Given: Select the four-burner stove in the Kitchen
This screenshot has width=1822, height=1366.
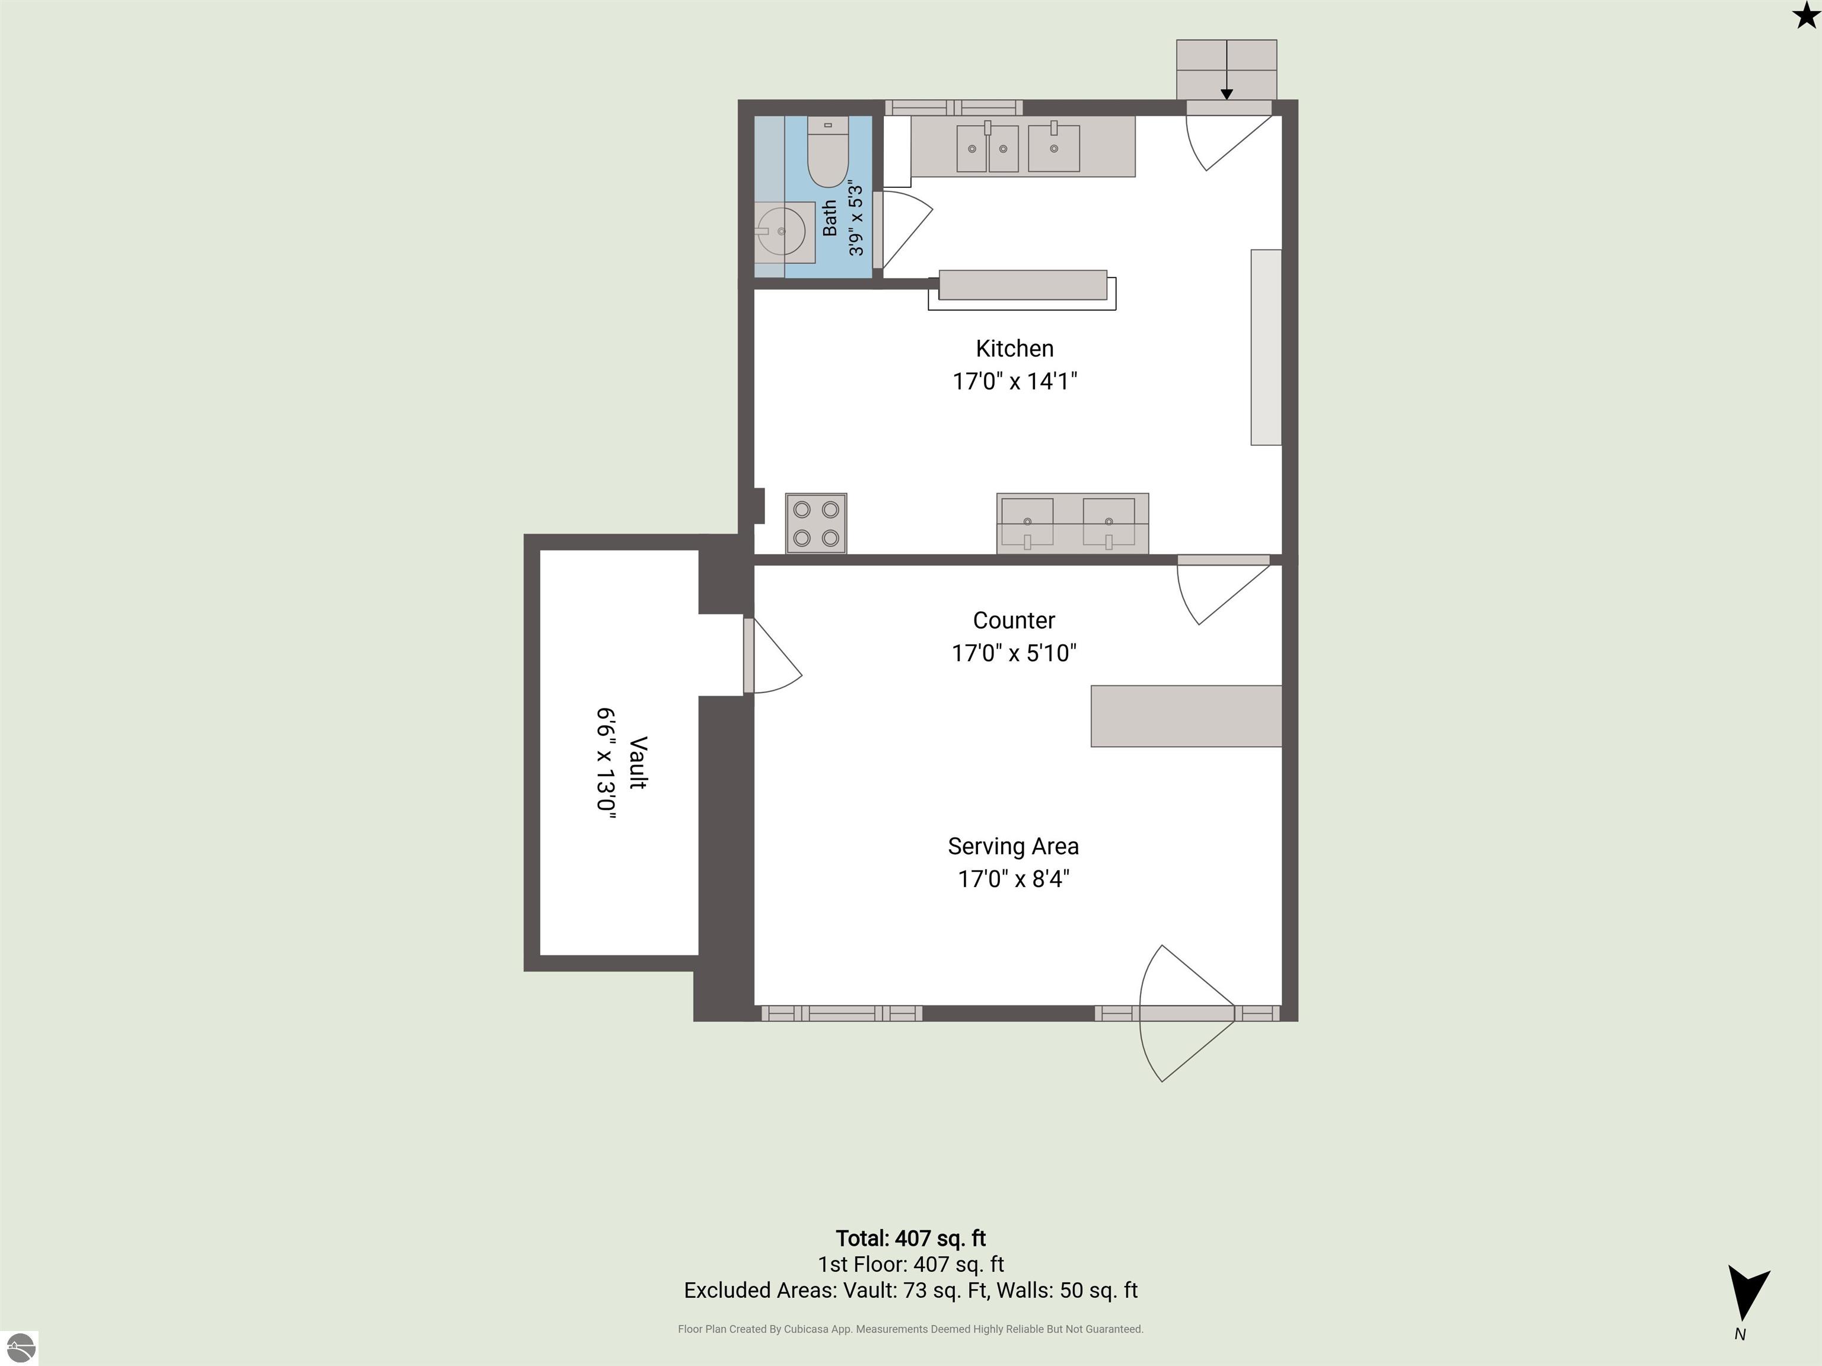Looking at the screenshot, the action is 816,523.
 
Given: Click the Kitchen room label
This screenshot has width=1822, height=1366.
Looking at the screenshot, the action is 1015,348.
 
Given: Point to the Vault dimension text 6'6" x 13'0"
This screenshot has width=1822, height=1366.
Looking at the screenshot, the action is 606,759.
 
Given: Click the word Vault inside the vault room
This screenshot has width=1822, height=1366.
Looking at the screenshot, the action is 638,762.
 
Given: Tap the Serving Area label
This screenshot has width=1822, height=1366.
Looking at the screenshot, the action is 1013,847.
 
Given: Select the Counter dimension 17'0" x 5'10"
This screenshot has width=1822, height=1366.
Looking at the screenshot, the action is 1014,653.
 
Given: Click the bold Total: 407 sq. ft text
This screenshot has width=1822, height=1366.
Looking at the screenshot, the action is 911,1239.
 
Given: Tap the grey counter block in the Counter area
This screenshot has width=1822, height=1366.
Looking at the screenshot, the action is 1186,716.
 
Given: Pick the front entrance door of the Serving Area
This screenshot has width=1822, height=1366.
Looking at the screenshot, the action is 1187,1014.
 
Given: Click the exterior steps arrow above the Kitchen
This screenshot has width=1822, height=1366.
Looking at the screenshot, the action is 1227,70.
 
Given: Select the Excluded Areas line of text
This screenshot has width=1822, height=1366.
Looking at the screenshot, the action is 910,1290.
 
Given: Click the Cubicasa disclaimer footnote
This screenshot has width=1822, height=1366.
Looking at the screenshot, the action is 910,1329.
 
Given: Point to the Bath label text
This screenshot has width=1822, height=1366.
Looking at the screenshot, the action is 830,218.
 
